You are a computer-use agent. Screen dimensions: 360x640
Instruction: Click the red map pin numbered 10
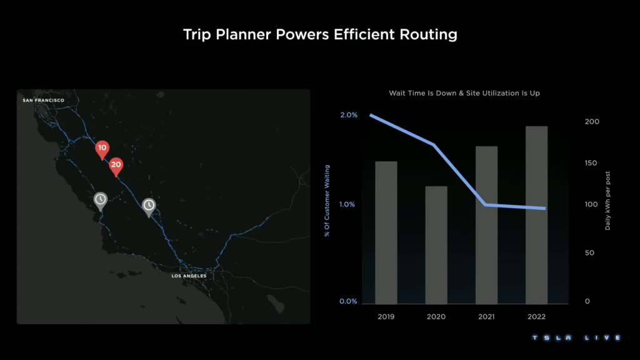[x=102, y=149]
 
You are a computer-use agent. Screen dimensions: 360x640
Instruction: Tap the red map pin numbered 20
[x=116, y=166]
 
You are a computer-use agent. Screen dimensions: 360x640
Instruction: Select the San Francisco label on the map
[x=43, y=100]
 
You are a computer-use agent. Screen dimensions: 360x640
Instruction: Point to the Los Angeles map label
[x=189, y=276]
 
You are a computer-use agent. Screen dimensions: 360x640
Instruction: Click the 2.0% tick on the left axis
[x=348, y=115]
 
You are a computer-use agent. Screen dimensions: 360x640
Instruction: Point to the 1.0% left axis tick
[x=348, y=204]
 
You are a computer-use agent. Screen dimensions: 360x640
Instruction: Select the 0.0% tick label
[x=348, y=301]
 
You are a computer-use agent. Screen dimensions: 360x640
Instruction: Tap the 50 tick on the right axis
[x=588, y=253]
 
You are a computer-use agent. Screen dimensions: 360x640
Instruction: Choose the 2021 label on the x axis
[x=486, y=317]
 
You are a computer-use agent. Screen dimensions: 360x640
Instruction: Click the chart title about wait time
[x=464, y=93]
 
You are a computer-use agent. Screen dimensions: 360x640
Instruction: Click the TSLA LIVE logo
[x=576, y=338]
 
